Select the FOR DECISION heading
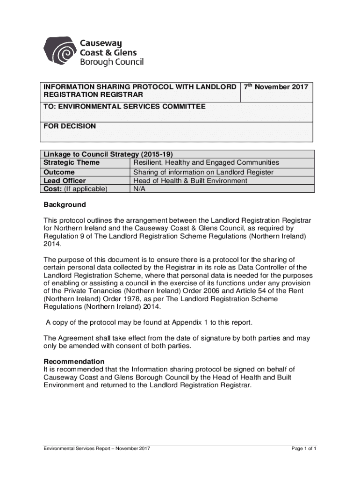[x=70, y=126]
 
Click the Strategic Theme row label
[x=72, y=163]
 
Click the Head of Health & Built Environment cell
[x=190, y=181]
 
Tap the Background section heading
[x=65, y=205]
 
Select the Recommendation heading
[x=74, y=362]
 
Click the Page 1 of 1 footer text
[x=304, y=449]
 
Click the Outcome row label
[x=59, y=172]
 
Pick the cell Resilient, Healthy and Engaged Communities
[x=206, y=163]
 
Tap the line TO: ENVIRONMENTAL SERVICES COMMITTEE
[x=124, y=107]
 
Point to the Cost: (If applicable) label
[x=75, y=189]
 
